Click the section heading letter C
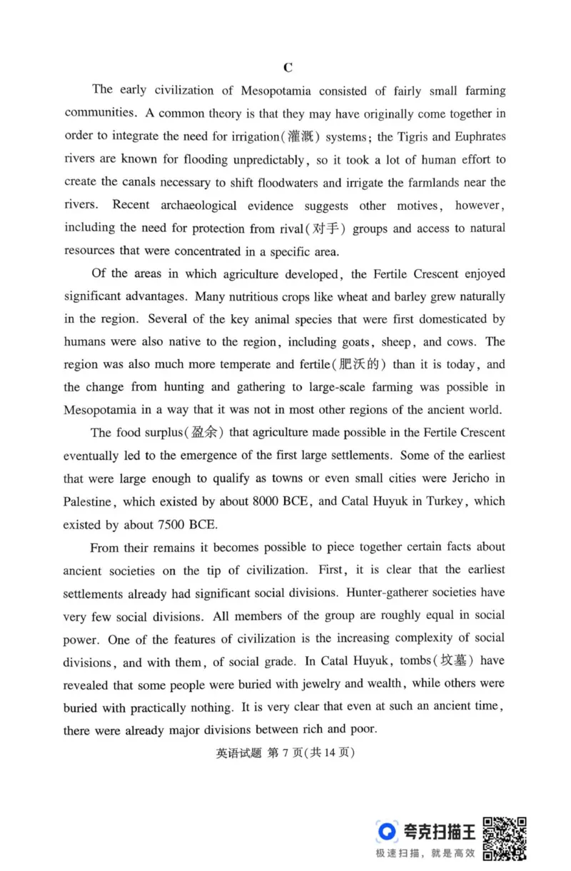288,68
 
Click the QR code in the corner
505,838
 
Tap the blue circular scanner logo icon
387,831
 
